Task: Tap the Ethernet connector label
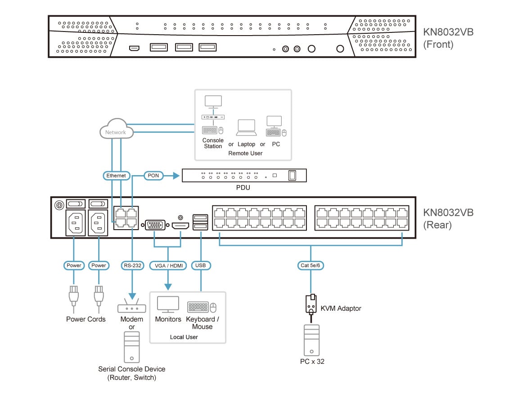pyautogui.click(x=116, y=175)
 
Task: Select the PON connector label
pyautogui.click(x=153, y=175)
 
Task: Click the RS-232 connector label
pyautogui.click(x=132, y=265)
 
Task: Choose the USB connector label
pyautogui.click(x=201, y=265)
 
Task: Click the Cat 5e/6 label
pyautogui.click(x=311, y=265)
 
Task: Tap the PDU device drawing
pyautogui.click(x=244, y=175)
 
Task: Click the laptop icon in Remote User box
pyautogui.click(x=247, y=128)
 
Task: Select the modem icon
pyautogui.click(x=131, y=308)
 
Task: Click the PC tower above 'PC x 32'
pyautogui.click(x=311, y=340)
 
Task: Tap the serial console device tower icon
pyautogui.click(x=131, y=347)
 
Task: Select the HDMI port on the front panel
pyautogui.click(x=134, y=48)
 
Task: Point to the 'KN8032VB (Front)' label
pyautogui.click(x=448, y=38)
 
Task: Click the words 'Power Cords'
pyautogui.click(x=85, y=319)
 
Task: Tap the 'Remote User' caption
pyautogui.click(x=245, y=153)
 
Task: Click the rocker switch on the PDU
pyautogui.click(x=292, y=175)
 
